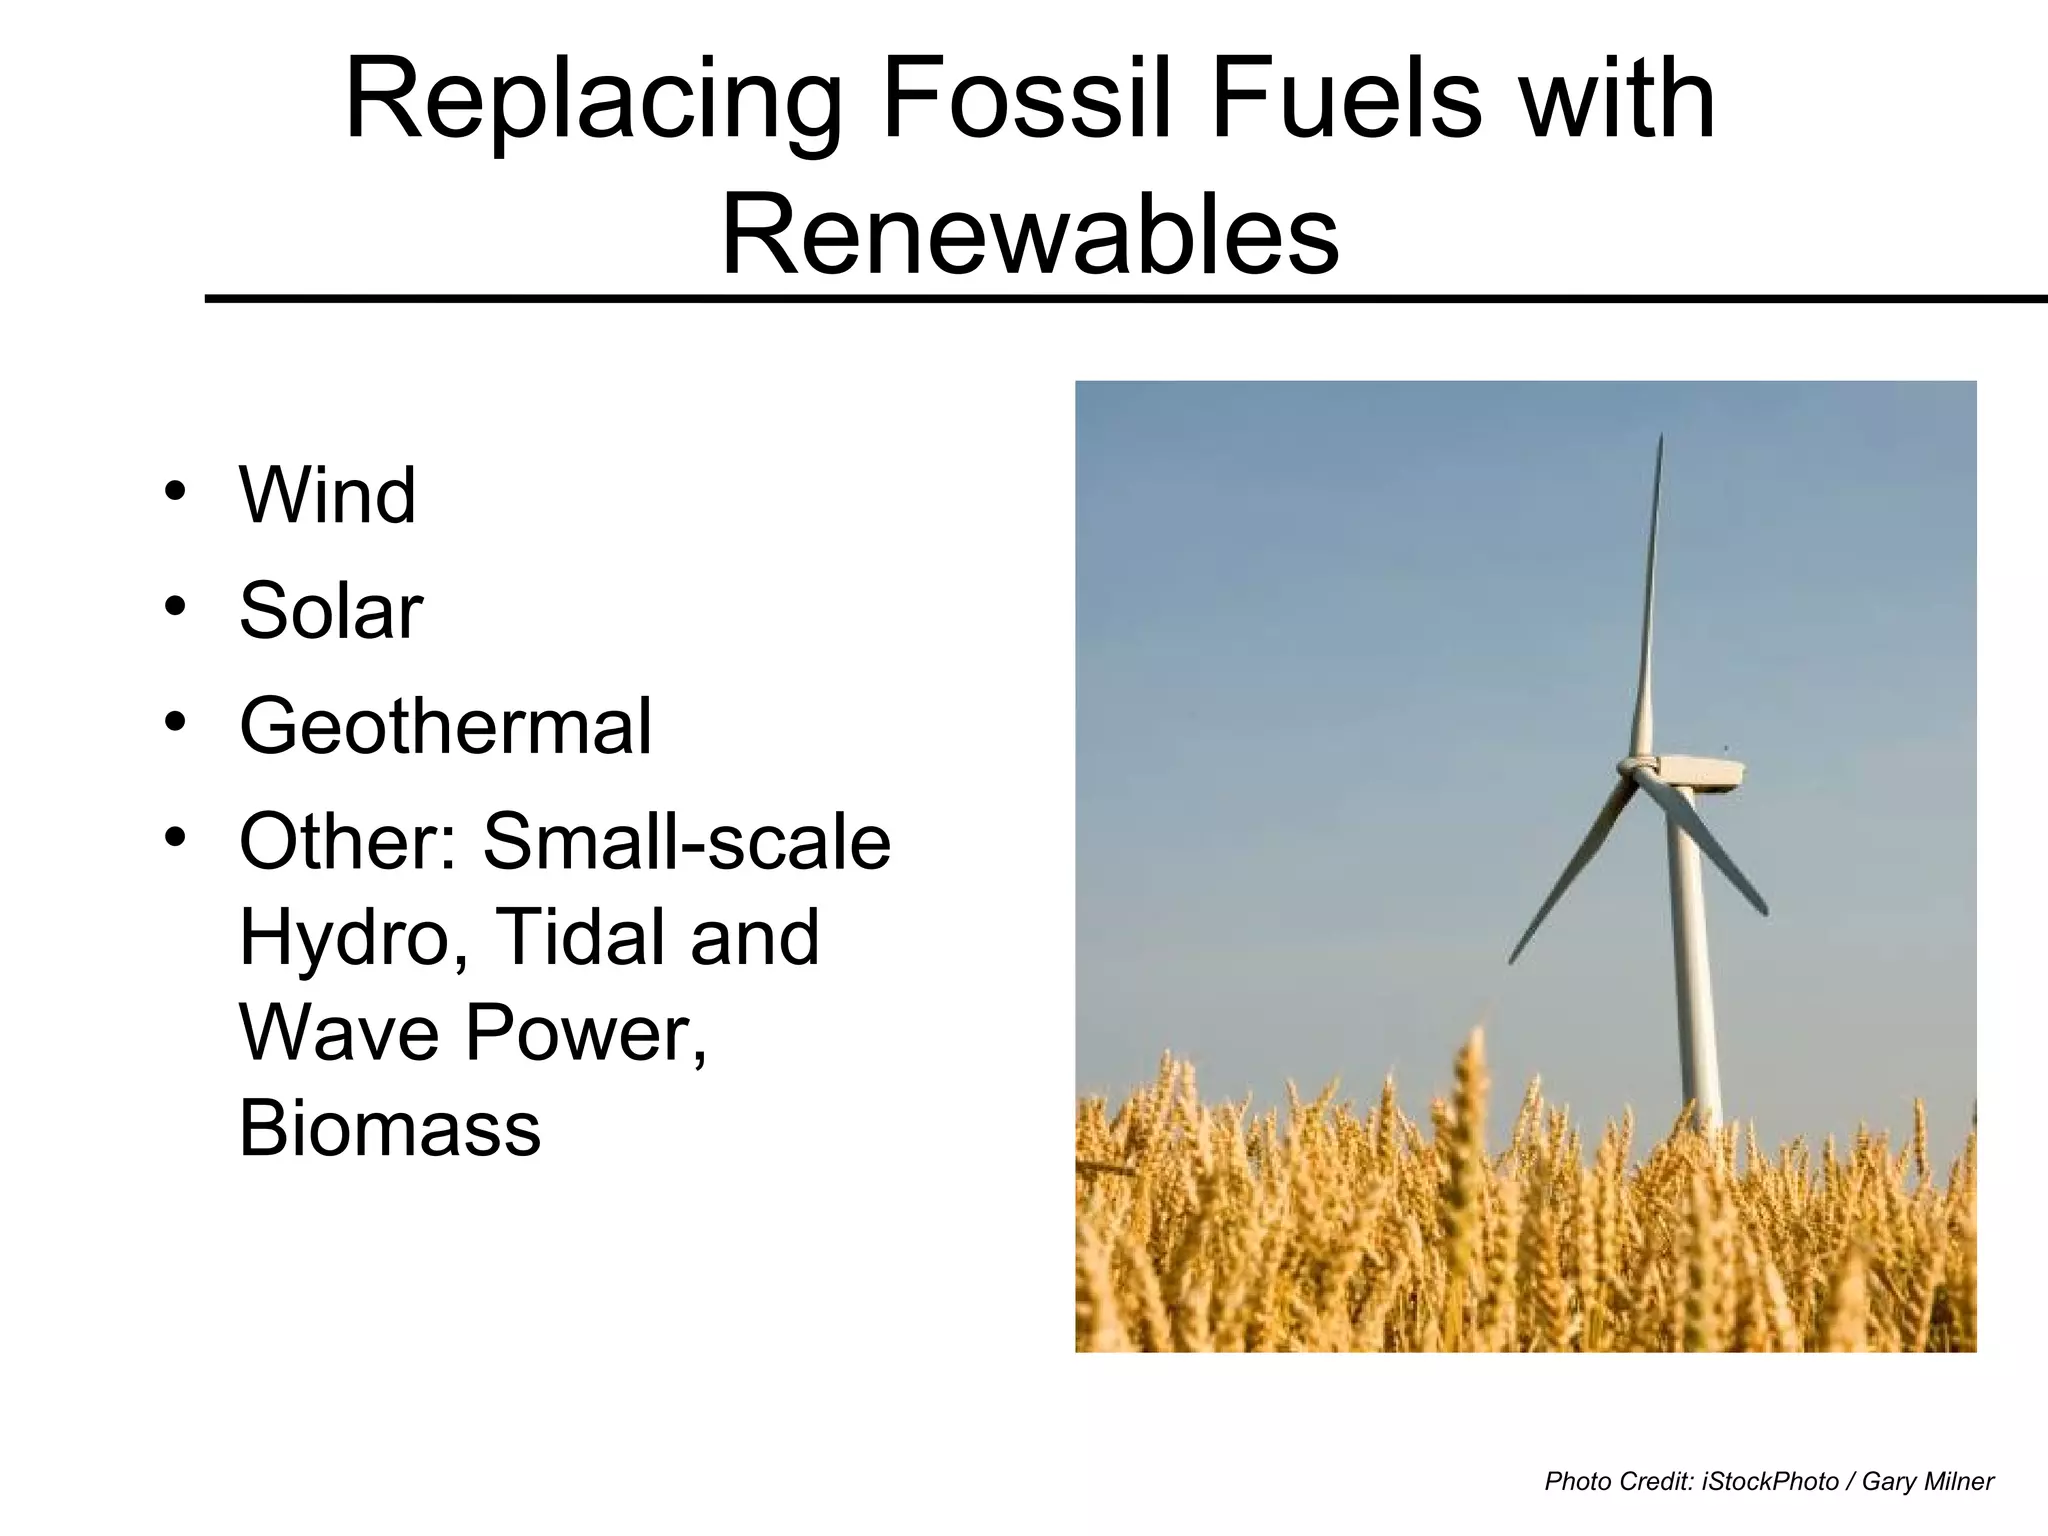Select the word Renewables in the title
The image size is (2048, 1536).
(1029, 236)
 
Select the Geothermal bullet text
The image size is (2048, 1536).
(445, 726)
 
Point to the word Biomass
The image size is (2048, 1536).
(390, 1128)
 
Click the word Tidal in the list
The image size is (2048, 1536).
(580, 937)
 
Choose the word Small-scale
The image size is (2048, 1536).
(686, 842)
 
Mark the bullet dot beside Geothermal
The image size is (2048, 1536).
(176, 722)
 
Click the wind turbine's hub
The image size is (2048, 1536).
(1632, 768)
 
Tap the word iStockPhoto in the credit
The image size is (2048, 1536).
(1769, 1481)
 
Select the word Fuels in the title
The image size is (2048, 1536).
(1345, 100)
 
